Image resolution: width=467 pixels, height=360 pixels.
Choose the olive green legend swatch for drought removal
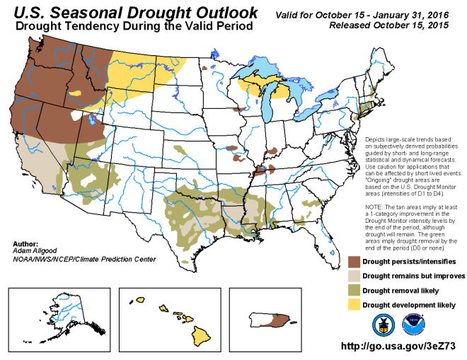pyautogui.click(x=354, y=291)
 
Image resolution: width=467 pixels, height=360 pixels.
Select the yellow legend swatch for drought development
pyautogui.click(x=354, y=305)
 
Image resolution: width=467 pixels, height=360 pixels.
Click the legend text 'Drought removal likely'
pyautogui.click(x=401, y=291)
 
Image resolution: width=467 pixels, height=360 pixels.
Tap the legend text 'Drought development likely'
pyautogui.click(x=409, y=305)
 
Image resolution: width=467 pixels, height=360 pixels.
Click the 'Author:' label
pyautogui.click(x=25, y=243)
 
